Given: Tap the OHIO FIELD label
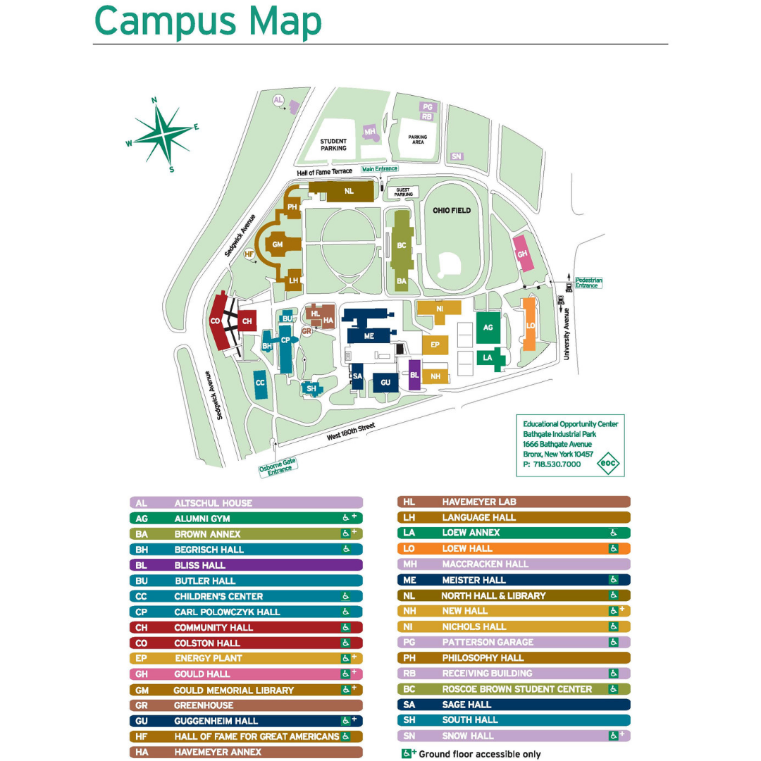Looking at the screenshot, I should pyautogui.click(x=451, y=210).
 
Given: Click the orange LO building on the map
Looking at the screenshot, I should pyautogui.click(x=529, y=325).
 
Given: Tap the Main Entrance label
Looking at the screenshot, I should pyautogui.click(x=379, y=169).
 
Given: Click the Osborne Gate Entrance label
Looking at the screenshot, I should pyautogui.click(x=278, y=466).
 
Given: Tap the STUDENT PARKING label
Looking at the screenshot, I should pyautogui.click(x=333, y=145).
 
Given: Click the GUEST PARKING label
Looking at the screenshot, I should pyautogui.click(x=403, y=192).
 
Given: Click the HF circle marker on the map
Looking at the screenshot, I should pyautogui.click(x=249, y=254).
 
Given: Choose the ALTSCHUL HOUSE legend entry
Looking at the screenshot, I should pyautogui.click(x=246, y=503).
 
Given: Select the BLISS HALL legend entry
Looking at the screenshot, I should pyautogui.click(x=246, y=565).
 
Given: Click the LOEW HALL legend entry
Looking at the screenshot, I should pyautogui.click(x=514, y=548).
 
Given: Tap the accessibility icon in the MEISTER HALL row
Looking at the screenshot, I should pyautogui.click(x=614, y=580).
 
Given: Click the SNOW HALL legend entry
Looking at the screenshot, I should pyautogui.click(x=514, y=736).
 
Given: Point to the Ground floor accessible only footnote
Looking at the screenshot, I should pyautogui.click(x=471, y=754).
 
